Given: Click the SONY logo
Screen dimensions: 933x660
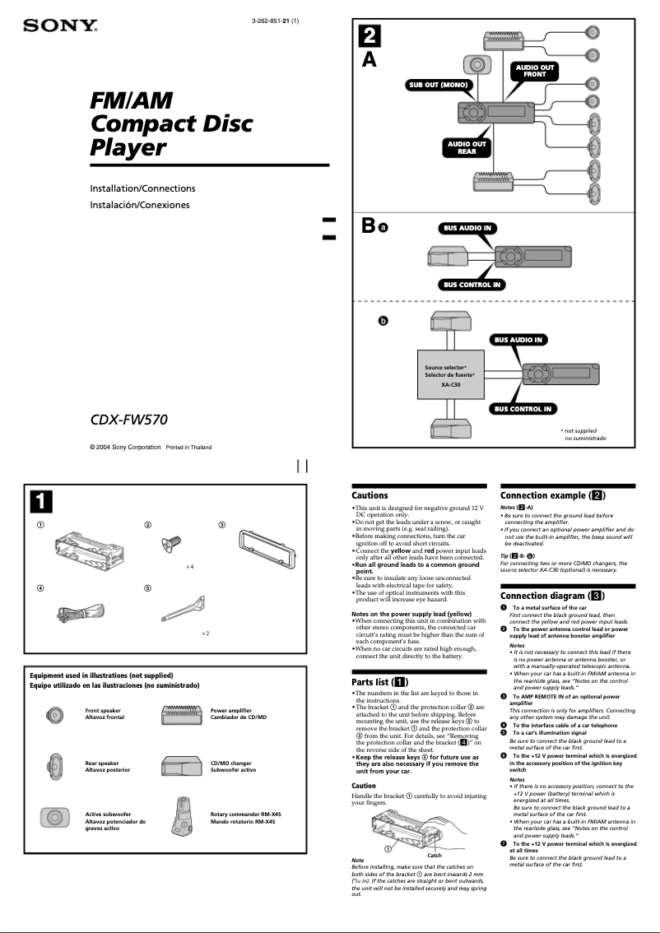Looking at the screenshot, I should click(x=59, y=26).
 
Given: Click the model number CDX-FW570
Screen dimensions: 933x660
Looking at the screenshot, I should click(x=128, y=420).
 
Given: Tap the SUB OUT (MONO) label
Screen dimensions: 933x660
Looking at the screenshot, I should click(x=439, y=85).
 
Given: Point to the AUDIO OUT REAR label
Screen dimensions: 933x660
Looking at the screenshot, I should click(x=467, y=147).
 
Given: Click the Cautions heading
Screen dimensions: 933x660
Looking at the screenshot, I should click(x=370, y=495).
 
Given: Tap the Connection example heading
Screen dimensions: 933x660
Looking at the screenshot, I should click(x=553, y=495).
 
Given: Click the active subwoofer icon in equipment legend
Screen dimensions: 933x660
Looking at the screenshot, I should click(x=53, y=818).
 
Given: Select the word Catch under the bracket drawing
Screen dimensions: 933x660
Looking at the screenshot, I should click(x=435, y=855).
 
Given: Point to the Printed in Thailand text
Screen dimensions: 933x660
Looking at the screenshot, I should click(x=188, y=448).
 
